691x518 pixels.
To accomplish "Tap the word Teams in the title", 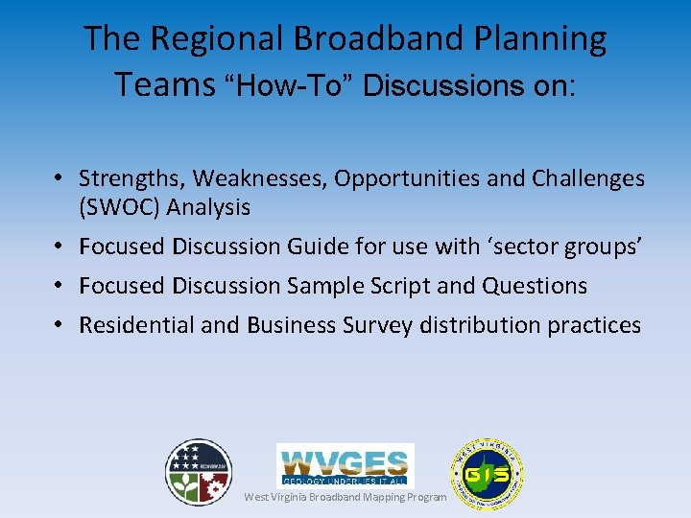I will point(164,84).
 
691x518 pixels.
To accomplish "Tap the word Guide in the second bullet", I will point(318,247).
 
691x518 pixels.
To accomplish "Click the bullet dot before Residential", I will point(59,325).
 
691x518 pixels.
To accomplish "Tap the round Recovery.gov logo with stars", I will point(198,472).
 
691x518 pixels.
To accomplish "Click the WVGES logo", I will point(345,464).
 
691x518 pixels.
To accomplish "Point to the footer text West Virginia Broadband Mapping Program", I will point(345,497).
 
